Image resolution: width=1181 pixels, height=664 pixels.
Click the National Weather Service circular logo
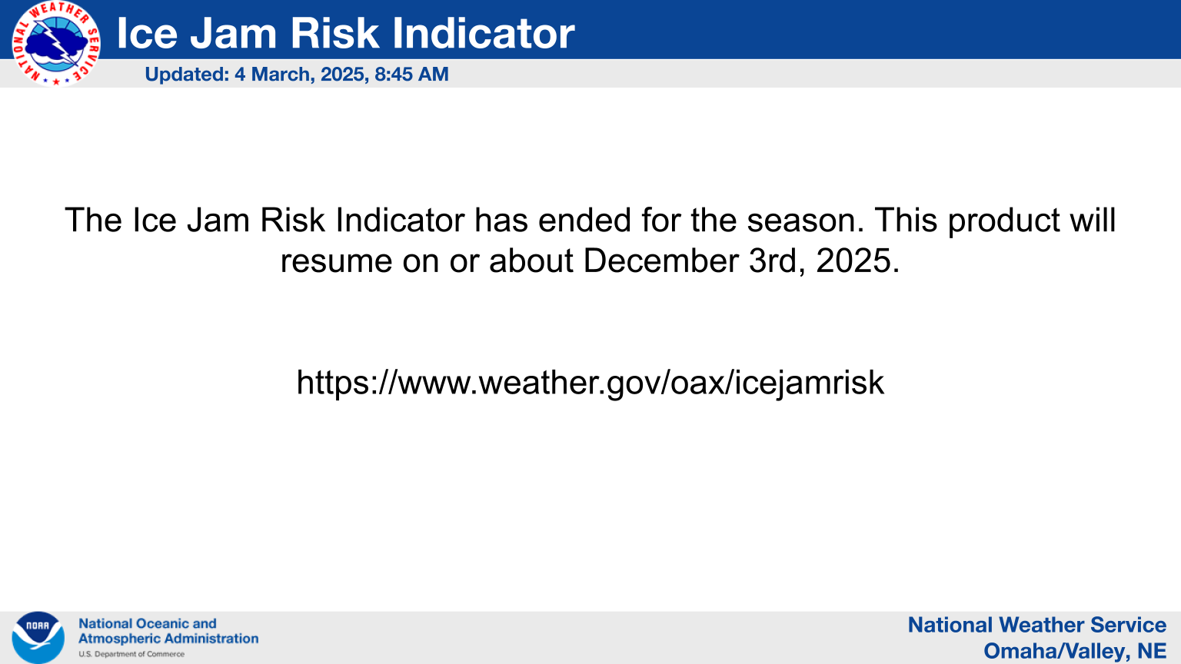(56, 42)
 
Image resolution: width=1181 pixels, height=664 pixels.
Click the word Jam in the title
(233, 33)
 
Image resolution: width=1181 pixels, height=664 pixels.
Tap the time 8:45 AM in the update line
(412, 75)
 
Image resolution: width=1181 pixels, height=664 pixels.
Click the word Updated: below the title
(187, 75)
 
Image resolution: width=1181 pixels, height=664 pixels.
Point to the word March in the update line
(283, 75)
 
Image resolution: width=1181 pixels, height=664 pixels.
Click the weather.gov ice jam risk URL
(590, 382)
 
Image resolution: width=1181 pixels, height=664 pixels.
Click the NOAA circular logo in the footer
(38, 638)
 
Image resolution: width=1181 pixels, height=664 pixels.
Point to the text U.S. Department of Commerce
(131, 654)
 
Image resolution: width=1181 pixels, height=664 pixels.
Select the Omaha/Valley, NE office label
(1075, 651)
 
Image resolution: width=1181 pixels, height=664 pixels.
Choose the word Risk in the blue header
(334, 33)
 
